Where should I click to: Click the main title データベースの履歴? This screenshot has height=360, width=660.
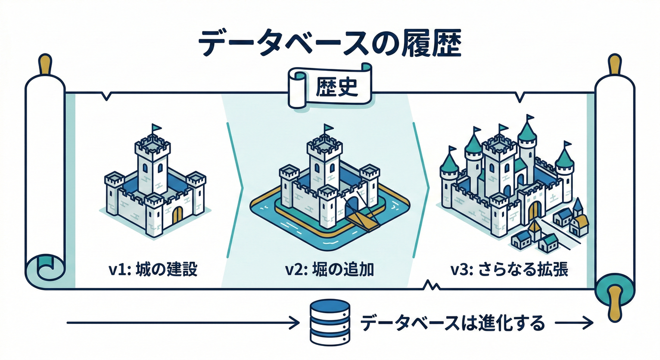(330, 44)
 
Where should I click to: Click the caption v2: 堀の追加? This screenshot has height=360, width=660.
(329, 270)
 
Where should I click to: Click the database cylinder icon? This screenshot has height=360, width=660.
(330, 323)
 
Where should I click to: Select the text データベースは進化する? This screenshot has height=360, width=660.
(453, 323)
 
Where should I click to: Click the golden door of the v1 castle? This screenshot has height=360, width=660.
(177, 215)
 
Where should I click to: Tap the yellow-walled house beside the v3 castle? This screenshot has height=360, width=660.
(580, 225)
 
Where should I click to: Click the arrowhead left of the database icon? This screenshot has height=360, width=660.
(295, 323)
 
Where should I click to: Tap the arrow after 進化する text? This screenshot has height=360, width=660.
(574, 323)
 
